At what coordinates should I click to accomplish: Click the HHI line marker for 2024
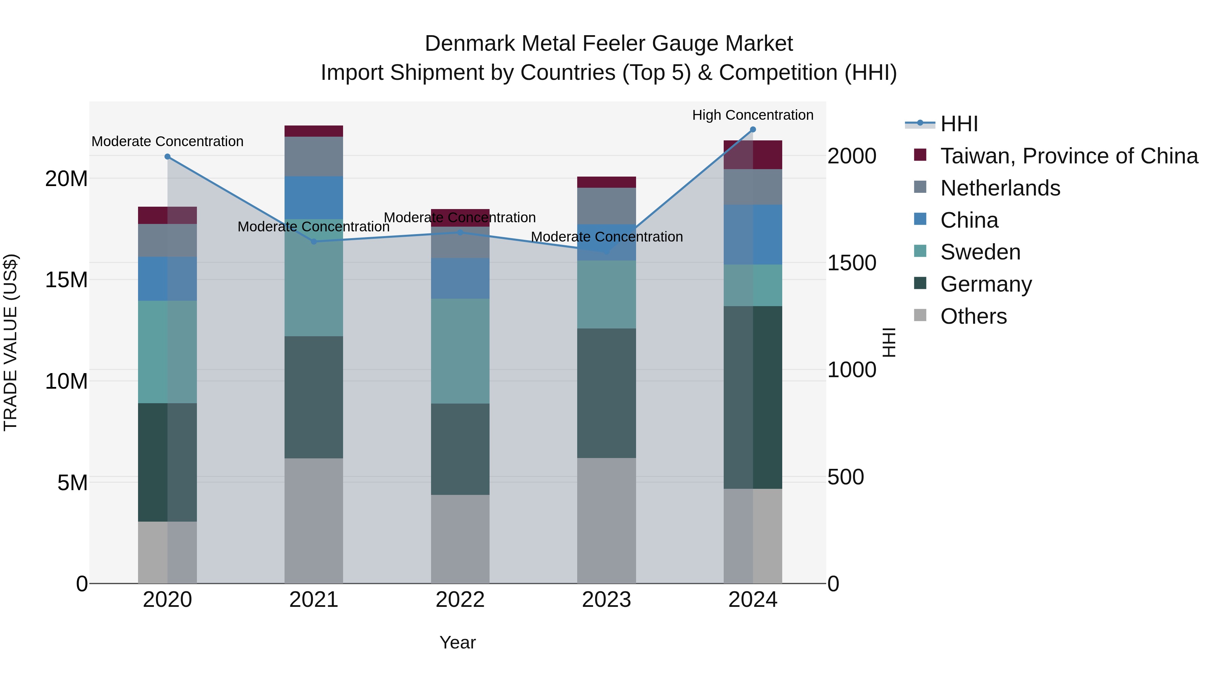pos(753,130)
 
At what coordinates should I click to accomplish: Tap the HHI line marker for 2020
pos(167,157)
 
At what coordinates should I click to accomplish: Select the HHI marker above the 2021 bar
pos(314,242)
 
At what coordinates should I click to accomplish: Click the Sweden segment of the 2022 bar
pos(460,351)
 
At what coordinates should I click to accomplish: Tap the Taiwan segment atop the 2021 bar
pos(314,131)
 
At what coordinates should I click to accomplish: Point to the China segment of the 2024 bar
pos(753,234)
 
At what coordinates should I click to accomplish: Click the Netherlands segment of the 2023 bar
pos(606,206)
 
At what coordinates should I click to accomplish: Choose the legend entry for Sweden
pos(980,252)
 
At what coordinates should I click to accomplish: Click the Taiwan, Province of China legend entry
pos(1068,156)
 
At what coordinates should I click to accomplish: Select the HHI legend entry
pos(958,124)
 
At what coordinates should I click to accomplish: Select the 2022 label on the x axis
pos(460,600)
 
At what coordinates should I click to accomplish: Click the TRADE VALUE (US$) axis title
pos(10,342)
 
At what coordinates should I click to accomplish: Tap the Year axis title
pos(457,642)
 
